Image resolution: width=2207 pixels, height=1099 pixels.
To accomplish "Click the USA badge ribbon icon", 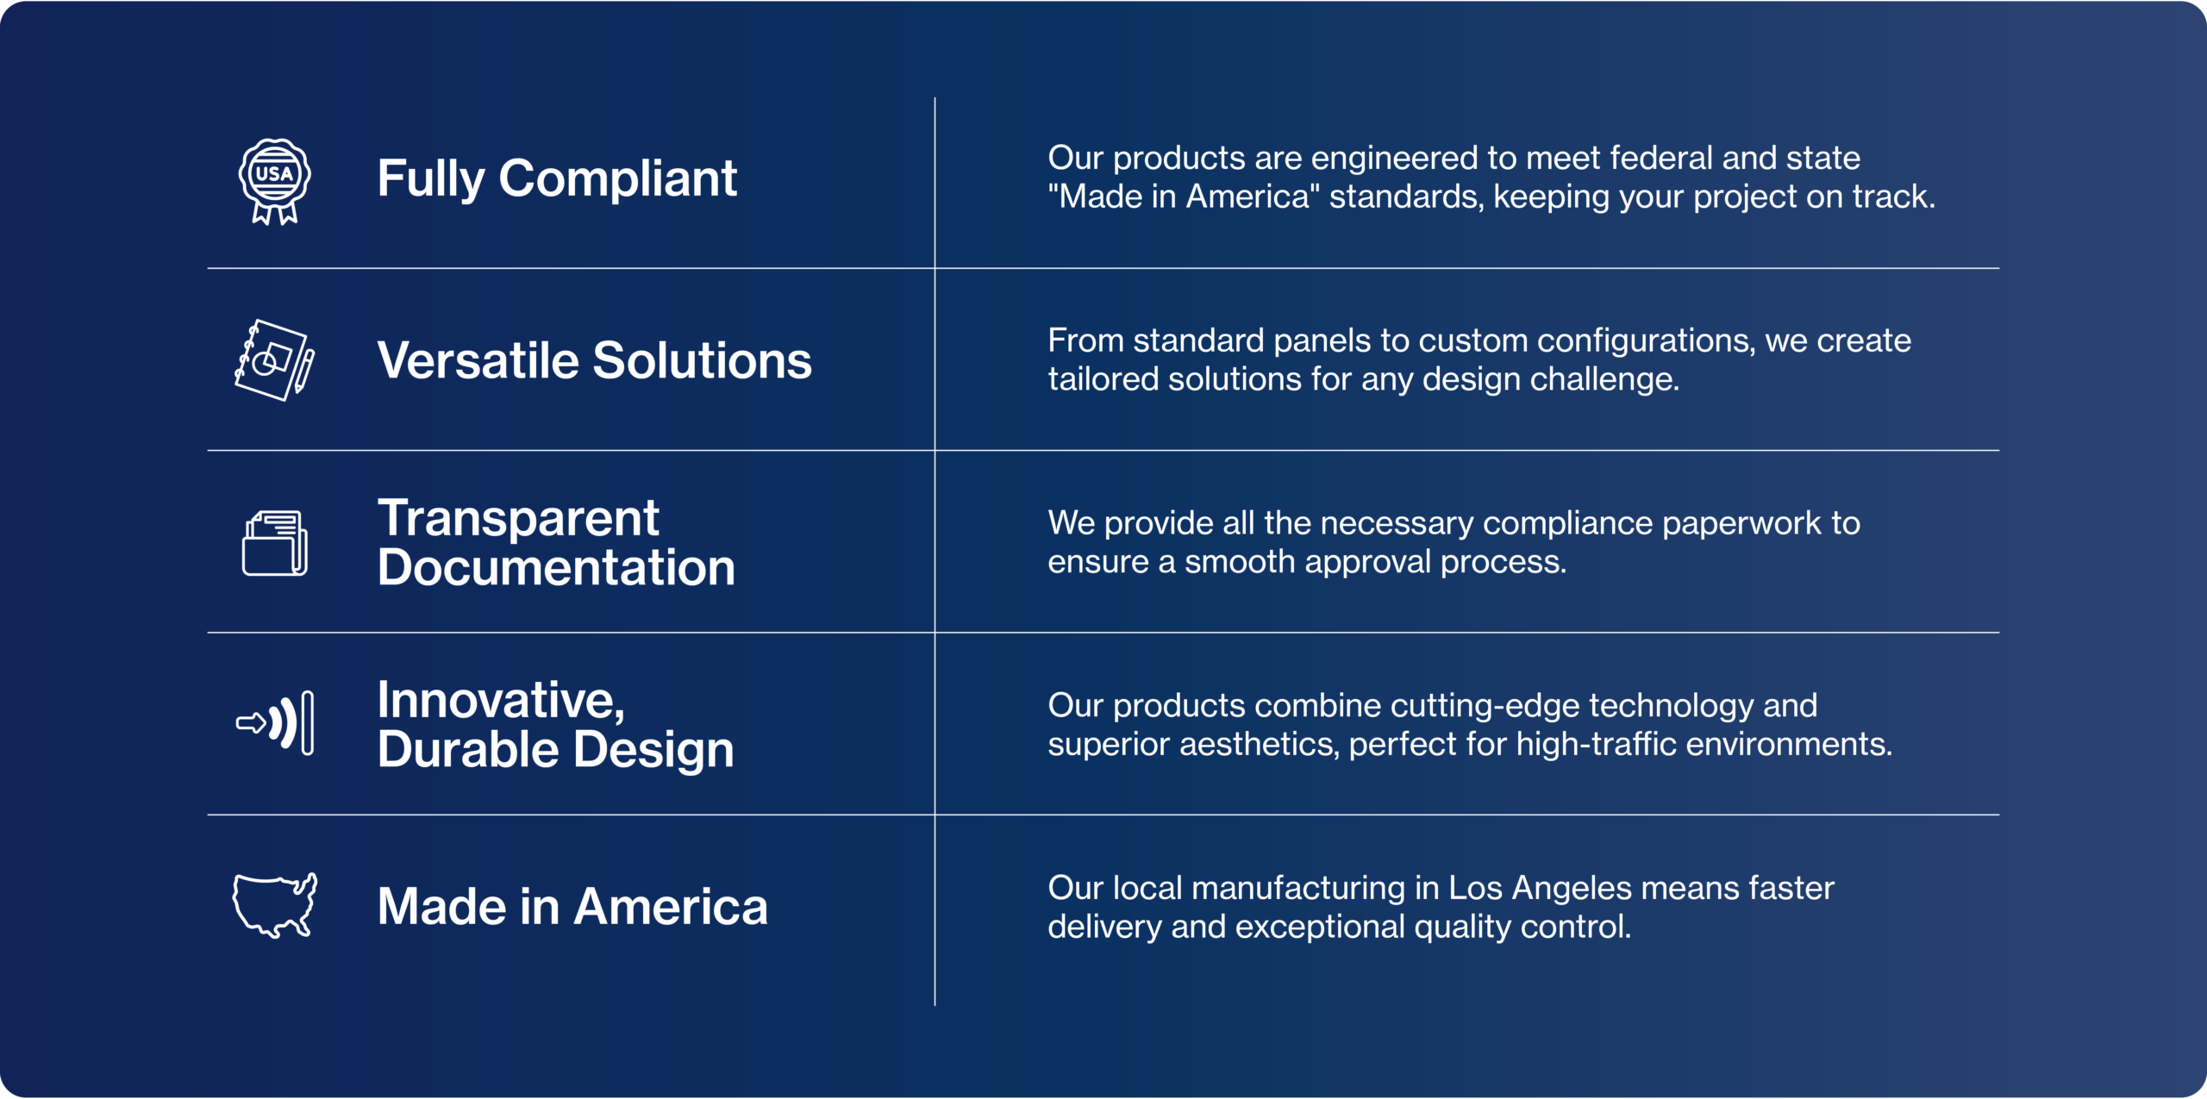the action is (274, 181).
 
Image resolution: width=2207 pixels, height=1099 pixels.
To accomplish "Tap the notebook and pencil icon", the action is (275, 360).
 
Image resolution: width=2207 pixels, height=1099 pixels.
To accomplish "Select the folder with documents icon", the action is (275, 543).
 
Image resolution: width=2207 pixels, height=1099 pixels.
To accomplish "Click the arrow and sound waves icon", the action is (275, 723).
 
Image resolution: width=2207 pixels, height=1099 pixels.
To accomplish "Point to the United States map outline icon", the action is (275, 905).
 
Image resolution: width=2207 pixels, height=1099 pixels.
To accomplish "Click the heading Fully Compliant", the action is (557, 179).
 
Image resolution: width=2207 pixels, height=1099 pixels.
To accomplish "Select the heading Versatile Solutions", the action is (595, 360).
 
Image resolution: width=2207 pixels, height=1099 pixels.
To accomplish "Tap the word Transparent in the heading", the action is (518, 518).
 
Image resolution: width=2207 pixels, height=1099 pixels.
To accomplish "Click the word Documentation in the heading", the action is (556, 567).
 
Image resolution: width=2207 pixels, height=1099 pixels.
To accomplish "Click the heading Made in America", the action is (572, 907).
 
